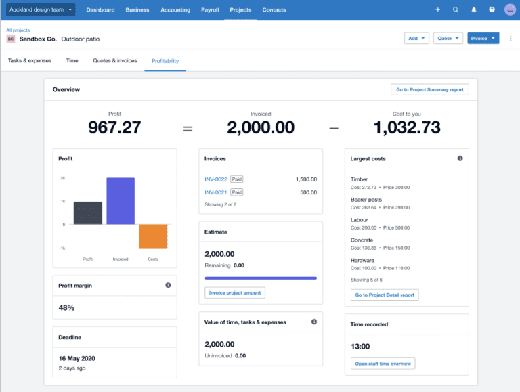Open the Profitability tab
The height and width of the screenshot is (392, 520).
pyautogui.click(x=165, y=61)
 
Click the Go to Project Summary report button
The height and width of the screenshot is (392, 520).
pyautogui.click(x=429, y=89)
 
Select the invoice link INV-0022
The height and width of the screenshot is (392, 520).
pyautogui.click(x=216, y=179)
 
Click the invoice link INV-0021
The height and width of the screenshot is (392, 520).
pyautogui.click(x=216, y=192)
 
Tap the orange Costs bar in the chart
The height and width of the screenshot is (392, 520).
pyautogui.click(x=153, y=236)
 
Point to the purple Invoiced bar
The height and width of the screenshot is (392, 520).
pyautogui.click(x=120, y=201)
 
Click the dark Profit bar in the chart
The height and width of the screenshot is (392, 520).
pyautogui.click(x=88, y=213)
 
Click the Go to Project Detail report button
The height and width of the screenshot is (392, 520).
pyautogui.click(x=385, y=295)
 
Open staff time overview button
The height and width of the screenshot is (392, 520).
pyautogui.click(x=383, y=364)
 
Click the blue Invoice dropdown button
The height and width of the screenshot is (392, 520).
pyautogui.click(x=483, y=39)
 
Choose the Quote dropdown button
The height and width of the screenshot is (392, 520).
pyautogui.click(x=448, y=39)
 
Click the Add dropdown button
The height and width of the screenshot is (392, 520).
pyautogui.click(x=416, y=39)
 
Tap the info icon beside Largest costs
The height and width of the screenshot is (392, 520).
pyautogui.click(x=460, y=158)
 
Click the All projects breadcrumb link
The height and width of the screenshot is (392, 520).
pyautogui.click(x=18, y=30)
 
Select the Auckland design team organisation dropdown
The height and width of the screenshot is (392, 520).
pyautogui.click(x=41, y=10)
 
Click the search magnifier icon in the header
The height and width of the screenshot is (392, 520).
pyautogui.click(x=456, y=10)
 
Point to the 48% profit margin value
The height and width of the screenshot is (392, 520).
pyautogui.click(x=66, y=307)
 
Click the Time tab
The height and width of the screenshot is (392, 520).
pyautogui.click(x=72, y=61)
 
